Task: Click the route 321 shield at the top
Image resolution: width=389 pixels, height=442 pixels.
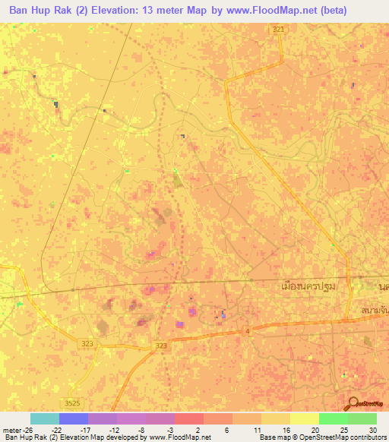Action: click(280, 29)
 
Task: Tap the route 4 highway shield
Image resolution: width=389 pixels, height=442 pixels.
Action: click(248, 331)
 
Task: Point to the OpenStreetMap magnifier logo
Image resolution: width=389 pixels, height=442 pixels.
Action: click(354, 403)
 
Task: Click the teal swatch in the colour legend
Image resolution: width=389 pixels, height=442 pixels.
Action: click(45, 418)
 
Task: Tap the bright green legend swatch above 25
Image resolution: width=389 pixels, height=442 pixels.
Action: click(333, 418)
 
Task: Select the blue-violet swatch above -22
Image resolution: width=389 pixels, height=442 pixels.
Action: click(74, 418)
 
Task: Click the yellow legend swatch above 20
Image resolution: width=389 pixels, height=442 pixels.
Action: click(304, 418)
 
